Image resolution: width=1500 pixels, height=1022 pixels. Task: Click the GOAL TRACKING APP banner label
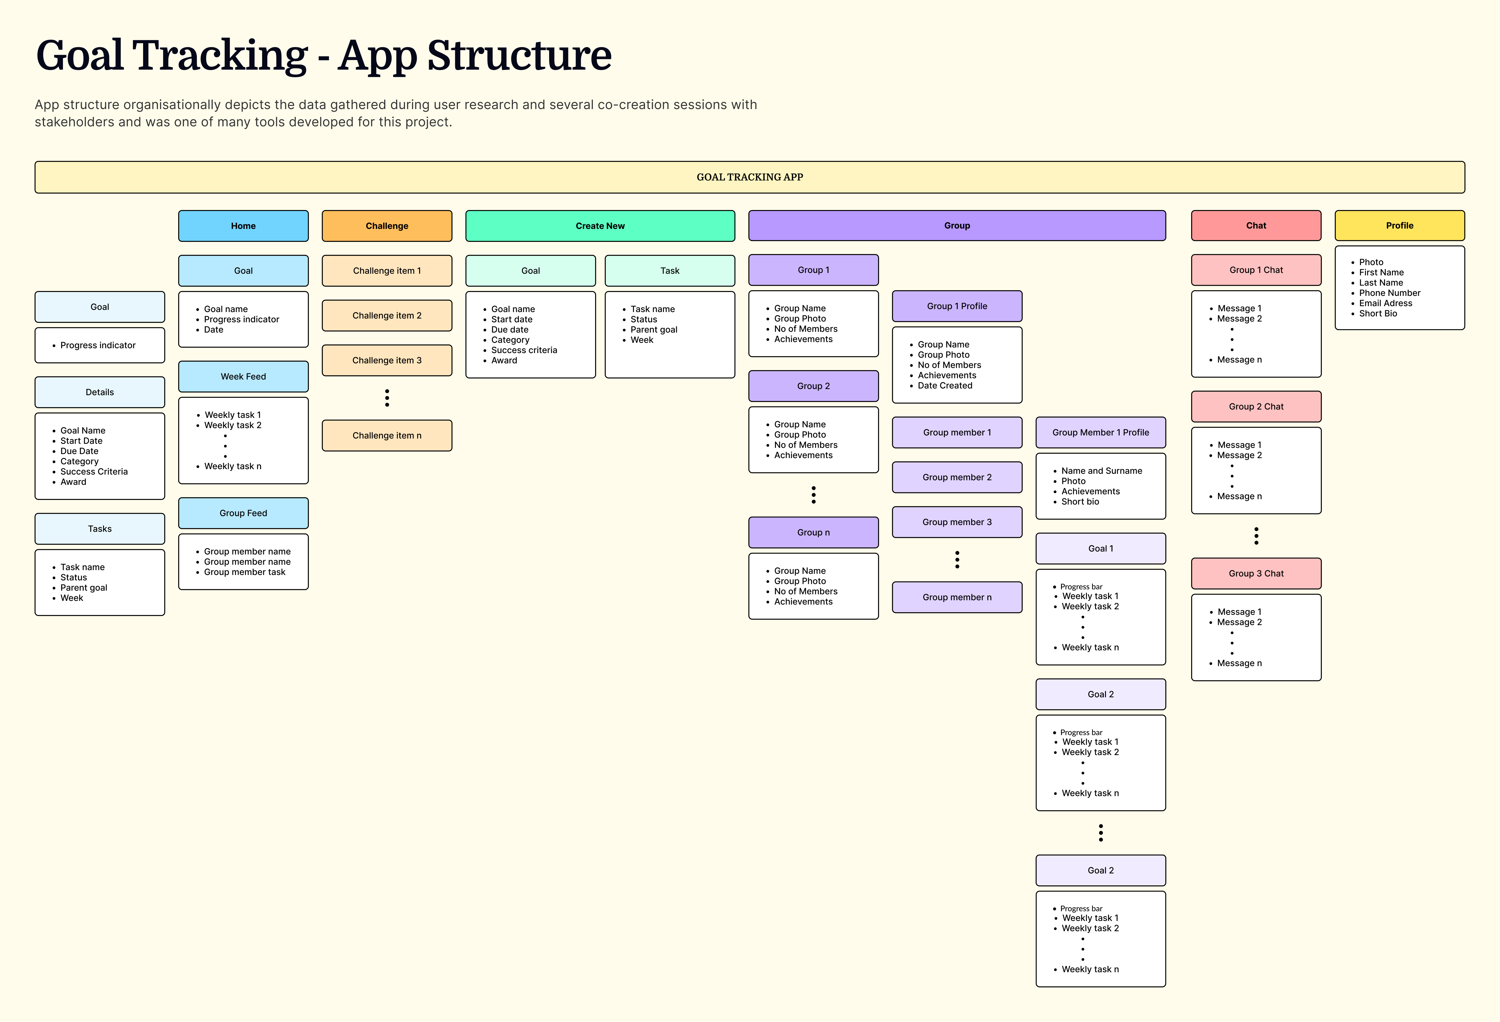(749, 177)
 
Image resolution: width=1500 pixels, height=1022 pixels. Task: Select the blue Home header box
(243, 226)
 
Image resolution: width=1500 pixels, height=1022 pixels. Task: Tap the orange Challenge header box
(387, 226)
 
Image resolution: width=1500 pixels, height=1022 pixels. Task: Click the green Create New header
(600, 226)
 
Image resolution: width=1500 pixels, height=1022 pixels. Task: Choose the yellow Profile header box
(1399, 226)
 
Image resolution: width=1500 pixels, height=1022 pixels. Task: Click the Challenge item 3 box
(387, 360)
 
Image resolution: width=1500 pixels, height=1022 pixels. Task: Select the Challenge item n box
(387, 435)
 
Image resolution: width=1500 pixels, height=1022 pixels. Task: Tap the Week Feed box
(243, 376)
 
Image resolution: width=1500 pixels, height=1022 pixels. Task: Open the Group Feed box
(243, 513)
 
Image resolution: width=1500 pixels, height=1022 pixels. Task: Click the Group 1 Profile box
(957, 306)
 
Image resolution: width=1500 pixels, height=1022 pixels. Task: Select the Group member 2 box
(957, 477)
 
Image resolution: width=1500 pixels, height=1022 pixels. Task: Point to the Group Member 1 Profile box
(1100, 432)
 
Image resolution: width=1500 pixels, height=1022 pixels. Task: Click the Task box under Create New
(669, 270)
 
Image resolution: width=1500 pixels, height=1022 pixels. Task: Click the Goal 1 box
(1100, 549)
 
